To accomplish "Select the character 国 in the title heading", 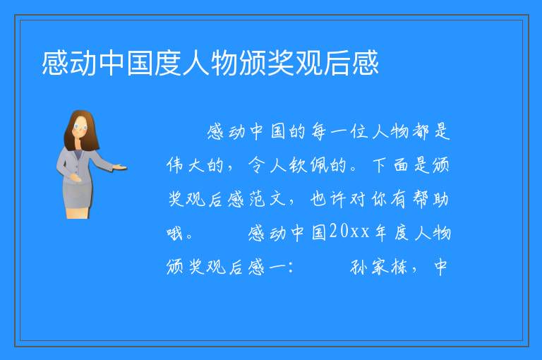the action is (x=140, y=63).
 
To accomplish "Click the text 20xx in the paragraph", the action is (x=349, y=232).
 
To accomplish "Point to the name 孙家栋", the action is (x=379, y=267).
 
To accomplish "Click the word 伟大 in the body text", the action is (x=185, y=165).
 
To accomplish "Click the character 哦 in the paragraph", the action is (x=174, y=233).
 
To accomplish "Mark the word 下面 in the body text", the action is (x=390, y=165).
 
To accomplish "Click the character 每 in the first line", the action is (x=319, y=131).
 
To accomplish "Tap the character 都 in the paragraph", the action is (x=421, y=131).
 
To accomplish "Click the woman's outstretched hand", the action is (x=119, y=168).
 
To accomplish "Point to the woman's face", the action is (x=80, y=127).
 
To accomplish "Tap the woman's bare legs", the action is (x=78, y=212).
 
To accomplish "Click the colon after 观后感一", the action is (x=291, y=268).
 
